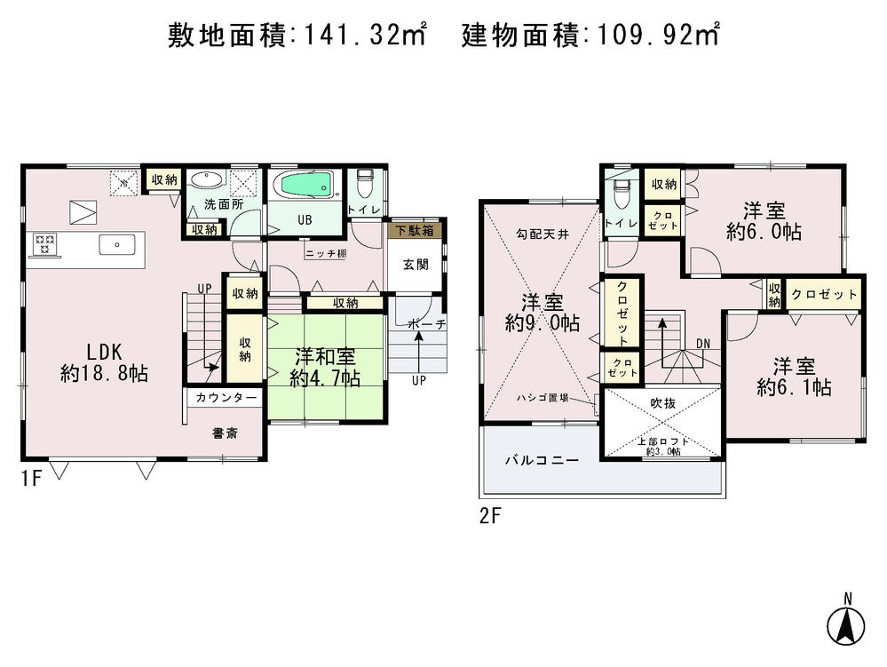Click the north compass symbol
pos(846,623)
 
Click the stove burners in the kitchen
pos(45,242)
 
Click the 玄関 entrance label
pos(415,264)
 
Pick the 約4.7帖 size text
pos(325,377)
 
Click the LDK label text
pos(104,351)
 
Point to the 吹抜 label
pos(662,402)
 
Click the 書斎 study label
pos(224,433)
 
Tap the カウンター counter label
pos(226,398)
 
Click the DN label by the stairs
pos(702,343)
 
